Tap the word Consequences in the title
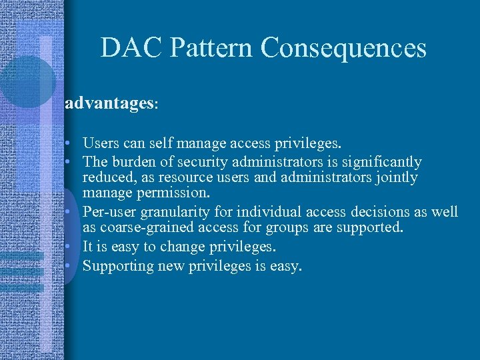click(x=343, y=48)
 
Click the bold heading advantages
click(x=109, y=104)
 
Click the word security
click(x=192, y=161)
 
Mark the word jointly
click(x=398, y=177)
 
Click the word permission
click(x=176, y=193)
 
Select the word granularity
click(x=171, y=212)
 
